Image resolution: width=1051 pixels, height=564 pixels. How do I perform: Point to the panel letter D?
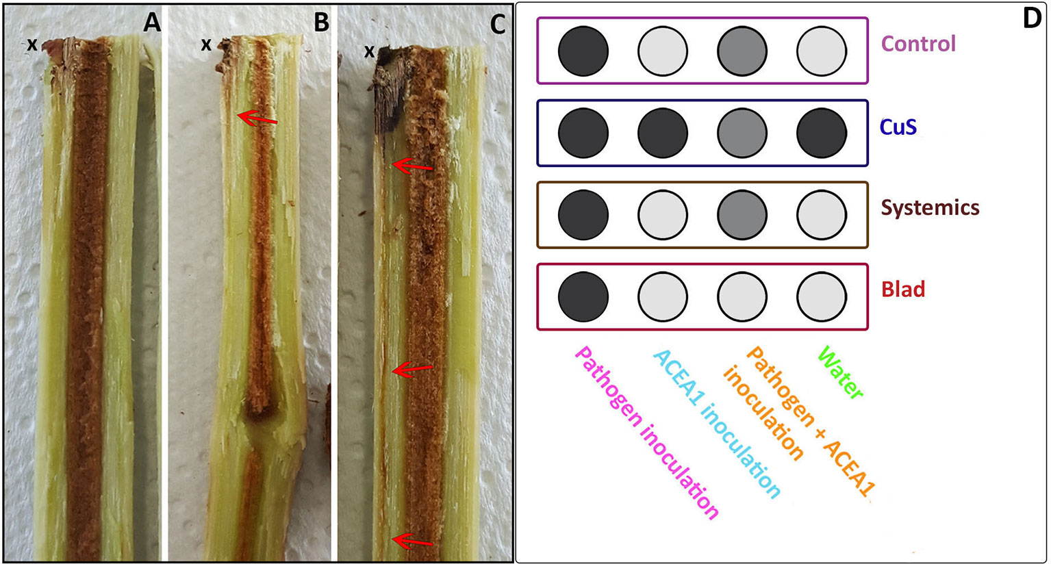pyautogui.click(x=1032, y=19)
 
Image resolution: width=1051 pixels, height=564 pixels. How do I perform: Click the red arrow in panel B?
pyautogui.click(x=257, y=120)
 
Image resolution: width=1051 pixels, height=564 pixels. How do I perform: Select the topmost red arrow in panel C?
pyautogui.click(x=413, y=166)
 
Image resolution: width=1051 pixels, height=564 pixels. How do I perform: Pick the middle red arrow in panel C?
pyautogui.click(x=411, y=370)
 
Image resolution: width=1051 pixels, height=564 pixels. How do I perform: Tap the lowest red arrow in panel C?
pyautogui.click(x=411, y=541)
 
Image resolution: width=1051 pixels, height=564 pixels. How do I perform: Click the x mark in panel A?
pyautogui.click(x=31, y=45)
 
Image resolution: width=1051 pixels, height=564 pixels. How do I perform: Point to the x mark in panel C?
pyautogui.click(x=369, y=51)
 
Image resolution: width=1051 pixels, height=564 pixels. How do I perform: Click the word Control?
pyautogui.click(x=918, y=44)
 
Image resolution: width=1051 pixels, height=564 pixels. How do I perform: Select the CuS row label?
pyautogui.click(x=898, y=127)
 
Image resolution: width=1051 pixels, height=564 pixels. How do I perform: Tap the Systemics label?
pyautogui.click(x=930, y=207)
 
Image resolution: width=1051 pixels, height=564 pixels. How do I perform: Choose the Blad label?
pyautogui.click(x=902, y=290)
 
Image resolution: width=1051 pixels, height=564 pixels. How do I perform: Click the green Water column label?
pyautogui.click(x=841, y=373)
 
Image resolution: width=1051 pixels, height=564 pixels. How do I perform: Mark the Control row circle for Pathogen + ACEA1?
pyautogui.click(x=742, y=51)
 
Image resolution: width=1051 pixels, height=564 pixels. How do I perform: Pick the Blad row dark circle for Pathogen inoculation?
pyautogui.click(x=583, y=297)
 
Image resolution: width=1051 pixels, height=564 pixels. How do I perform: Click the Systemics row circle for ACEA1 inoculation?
pyautogui.click(x=663, y=215)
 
